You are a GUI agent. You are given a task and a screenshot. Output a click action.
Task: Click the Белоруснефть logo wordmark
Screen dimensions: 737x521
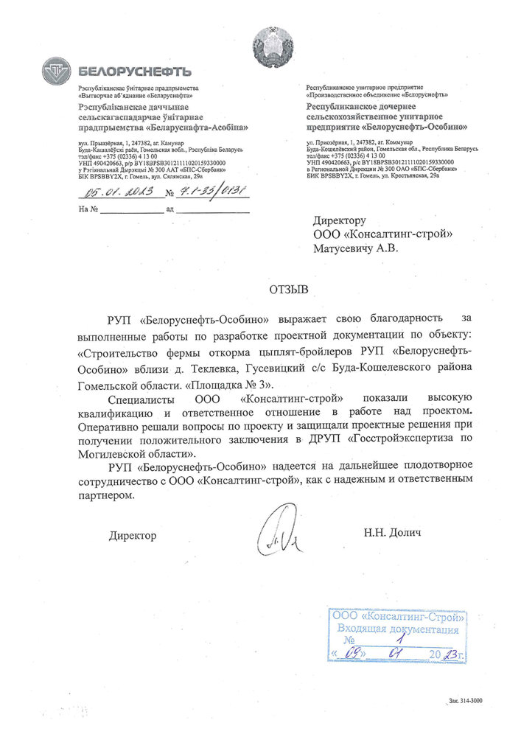point(135,71)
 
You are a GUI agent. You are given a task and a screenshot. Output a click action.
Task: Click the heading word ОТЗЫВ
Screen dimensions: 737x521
point(286,288)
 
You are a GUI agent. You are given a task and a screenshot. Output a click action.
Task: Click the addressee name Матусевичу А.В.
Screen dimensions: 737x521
point(356,249)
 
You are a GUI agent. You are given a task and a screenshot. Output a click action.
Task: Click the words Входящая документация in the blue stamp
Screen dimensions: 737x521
point(397,629)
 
